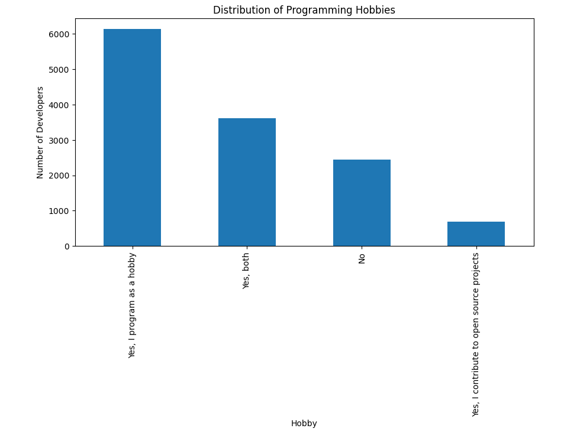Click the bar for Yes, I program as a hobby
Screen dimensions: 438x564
(x=132, y=137)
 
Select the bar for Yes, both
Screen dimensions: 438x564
(x=247, y=182)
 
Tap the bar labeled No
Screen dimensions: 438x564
(x=362, y=203)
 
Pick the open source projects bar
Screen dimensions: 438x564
(x=476, y=234)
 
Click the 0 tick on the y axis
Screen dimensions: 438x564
(x=66, y=246)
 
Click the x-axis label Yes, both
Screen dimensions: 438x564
(x=247, y=271)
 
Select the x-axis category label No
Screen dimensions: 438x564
(x=362, y=258)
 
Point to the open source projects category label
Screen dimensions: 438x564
(x=476, y=335)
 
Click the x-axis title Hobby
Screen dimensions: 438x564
(x=304, y=423)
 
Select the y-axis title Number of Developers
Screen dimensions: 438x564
(x=40, y=132)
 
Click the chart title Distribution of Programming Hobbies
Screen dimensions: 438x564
(x=304, y=10)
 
